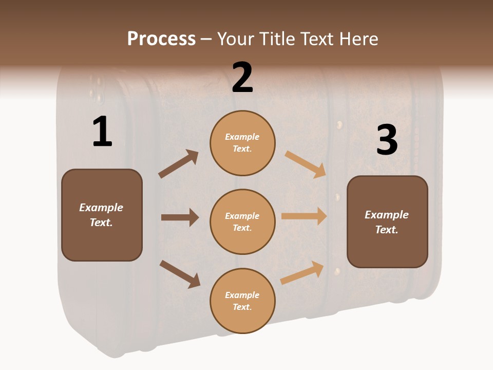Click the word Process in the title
[161, 39]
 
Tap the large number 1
[102, 132]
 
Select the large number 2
[242, 78]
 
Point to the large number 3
[387, 140]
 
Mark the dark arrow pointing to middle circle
[180, 217]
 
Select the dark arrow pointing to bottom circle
[180, 273]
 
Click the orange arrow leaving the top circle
[306, 164]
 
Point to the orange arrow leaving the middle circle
[304, 216]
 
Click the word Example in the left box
[101, 208]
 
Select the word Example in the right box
[387, 215]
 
